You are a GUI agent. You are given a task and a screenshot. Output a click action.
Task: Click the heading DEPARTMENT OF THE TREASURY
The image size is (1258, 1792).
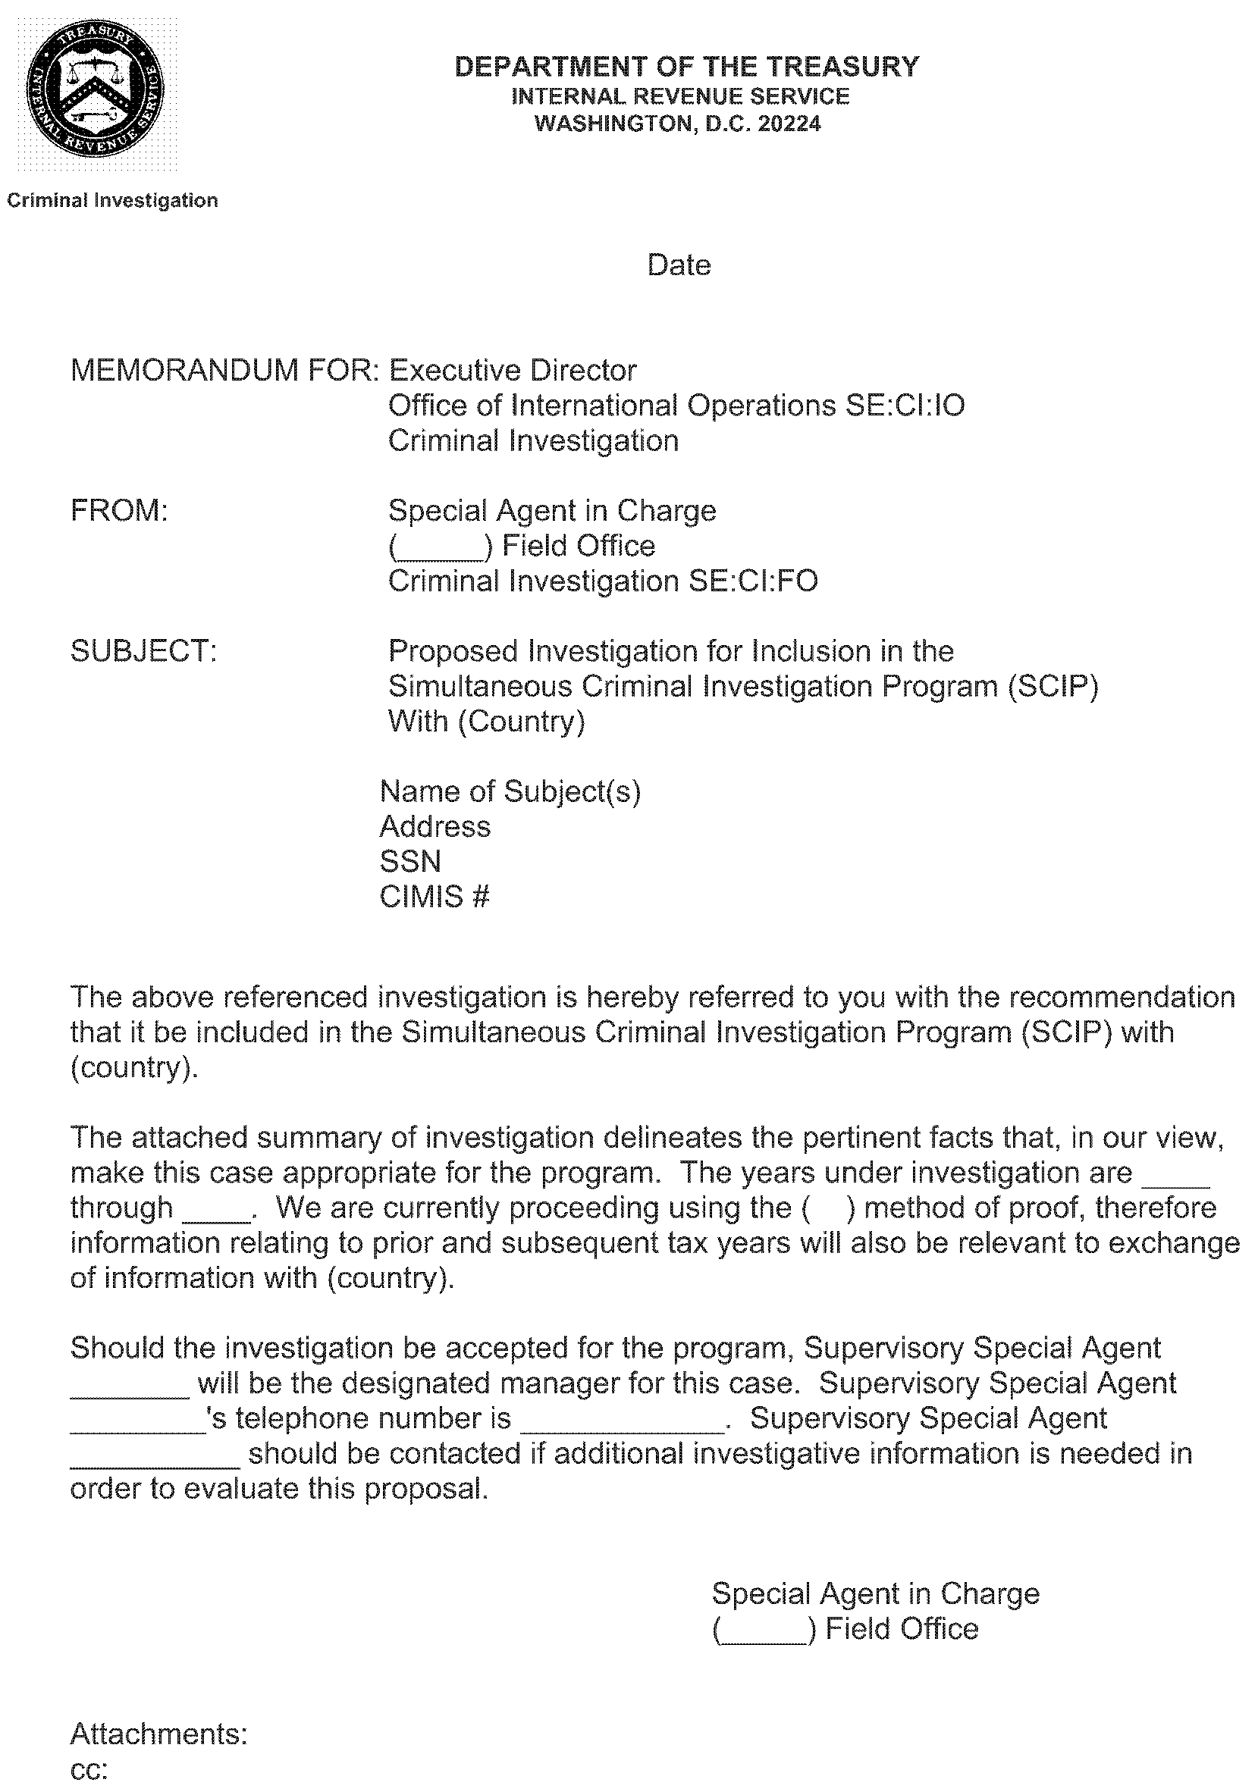[x=686, y=67]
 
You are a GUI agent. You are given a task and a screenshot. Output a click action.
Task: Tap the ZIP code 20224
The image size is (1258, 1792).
[x=789, y=124]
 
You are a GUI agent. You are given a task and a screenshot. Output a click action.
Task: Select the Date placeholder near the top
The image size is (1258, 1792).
[x=679, y=266]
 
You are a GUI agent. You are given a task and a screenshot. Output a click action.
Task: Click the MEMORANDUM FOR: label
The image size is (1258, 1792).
[x=225, y=370]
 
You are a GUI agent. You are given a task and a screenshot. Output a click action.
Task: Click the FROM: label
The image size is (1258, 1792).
[x=119, y=510]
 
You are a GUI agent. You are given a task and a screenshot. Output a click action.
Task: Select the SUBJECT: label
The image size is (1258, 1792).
[x=143, y=651]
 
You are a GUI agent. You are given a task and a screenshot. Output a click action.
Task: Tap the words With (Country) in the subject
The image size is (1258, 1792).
[x=486, y=721]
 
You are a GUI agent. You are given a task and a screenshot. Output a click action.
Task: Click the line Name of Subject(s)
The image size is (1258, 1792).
[x=510, y=791]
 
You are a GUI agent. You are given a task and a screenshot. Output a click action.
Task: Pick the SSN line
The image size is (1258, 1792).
[x=410, y=862]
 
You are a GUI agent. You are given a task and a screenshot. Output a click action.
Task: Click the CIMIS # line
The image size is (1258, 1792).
[x=434, y=897]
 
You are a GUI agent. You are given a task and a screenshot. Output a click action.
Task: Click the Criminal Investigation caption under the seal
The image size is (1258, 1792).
[x=112, y=201]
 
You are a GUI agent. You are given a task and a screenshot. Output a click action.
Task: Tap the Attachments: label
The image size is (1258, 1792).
[x=158, y=1734]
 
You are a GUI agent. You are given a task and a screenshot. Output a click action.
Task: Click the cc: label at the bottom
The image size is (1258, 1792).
[x=88, y=1770]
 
